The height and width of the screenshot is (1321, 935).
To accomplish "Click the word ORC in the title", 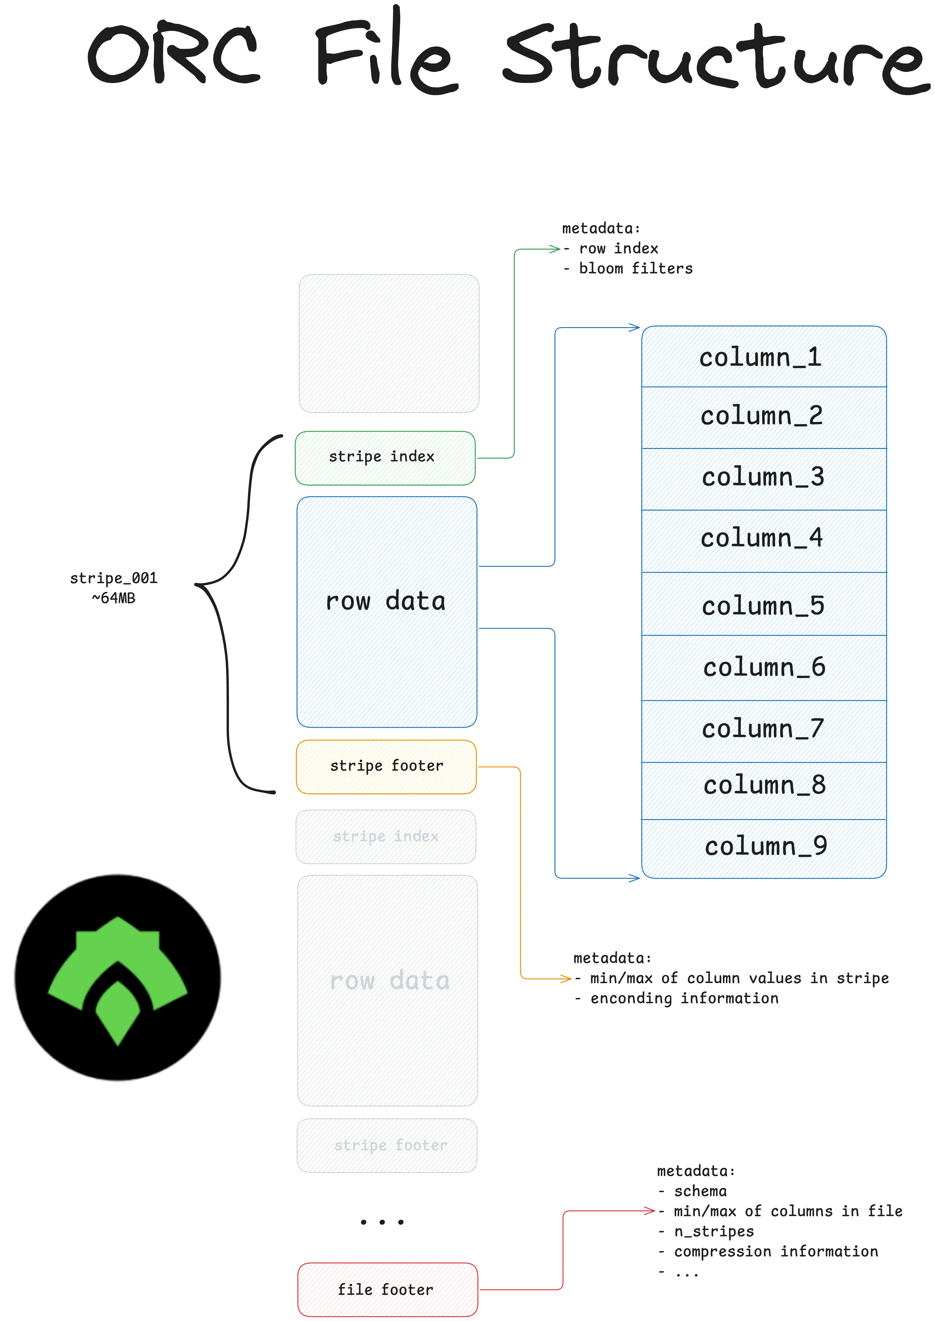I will (173, 55).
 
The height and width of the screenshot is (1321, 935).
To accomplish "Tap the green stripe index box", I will (385, 458).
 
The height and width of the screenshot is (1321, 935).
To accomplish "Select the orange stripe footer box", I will (386, 767).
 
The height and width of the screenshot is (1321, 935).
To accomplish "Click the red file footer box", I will (387, 1289).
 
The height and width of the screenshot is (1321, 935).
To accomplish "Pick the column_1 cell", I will (763, 357).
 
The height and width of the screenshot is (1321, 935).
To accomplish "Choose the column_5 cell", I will (763, 606).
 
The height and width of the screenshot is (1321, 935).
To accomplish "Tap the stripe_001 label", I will (113, 578).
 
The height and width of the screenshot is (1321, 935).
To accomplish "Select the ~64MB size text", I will (113, 598).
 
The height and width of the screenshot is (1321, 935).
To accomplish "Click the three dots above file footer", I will (382, 1221).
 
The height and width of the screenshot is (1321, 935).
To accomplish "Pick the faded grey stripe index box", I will (386, 837).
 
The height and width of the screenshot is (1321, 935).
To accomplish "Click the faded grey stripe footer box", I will (387, 1145).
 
